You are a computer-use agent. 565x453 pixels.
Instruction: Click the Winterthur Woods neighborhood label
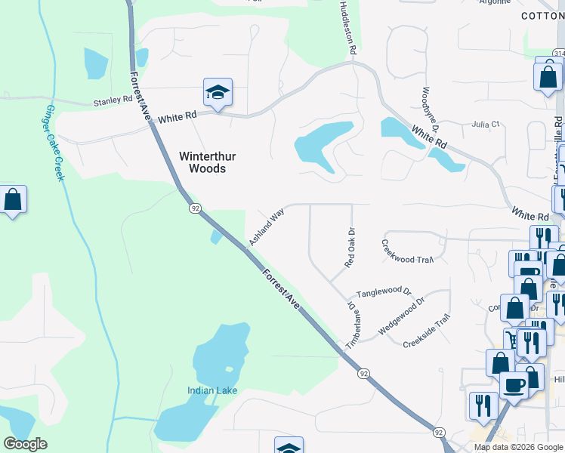tap(207, 162)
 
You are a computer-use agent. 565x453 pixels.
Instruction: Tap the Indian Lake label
tap(212, 390)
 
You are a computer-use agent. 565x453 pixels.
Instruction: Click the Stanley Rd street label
tap(113, 100)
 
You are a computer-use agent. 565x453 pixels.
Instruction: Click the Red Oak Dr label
tap(350, 249)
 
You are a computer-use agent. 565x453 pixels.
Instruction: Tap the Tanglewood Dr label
tap(383, 292)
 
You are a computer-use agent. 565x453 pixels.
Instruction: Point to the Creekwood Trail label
tap(407, 251)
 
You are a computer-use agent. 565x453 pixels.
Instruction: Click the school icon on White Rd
tap(218, 93)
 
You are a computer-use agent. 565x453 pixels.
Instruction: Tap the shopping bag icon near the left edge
tap(13, 200)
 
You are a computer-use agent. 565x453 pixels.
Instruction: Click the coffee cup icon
tap(515, 385)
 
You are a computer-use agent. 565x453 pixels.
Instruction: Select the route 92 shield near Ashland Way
tap(195, 208)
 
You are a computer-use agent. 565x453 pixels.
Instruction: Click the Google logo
tap(25, 444)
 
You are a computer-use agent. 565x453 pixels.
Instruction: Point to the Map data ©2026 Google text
tap(517, 447)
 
